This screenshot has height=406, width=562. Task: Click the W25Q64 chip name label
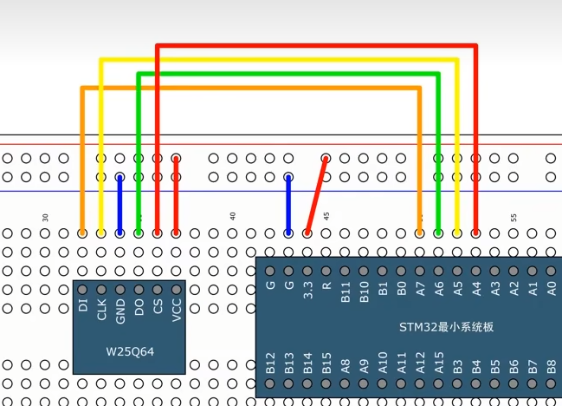[x=129, y=352]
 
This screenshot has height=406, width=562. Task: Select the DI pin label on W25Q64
[x=83, y=304]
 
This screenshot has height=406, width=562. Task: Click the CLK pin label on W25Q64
[x=102, y=309]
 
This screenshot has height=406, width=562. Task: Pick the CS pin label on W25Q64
[x=158, y=306]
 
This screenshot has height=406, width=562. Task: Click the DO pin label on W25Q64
[x=139, y=307]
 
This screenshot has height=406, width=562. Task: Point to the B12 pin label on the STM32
[x=270, y=361]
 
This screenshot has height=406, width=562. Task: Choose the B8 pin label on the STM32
[x=552, y=362]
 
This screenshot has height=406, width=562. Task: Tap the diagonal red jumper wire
[x=317, y=195]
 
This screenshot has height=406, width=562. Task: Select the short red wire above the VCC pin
[x=177, y=195]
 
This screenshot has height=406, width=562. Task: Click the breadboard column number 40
[x=232, y=215]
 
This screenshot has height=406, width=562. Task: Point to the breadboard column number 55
[x=514, y=215]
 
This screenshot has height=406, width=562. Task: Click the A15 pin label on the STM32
[x=439, y=362]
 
